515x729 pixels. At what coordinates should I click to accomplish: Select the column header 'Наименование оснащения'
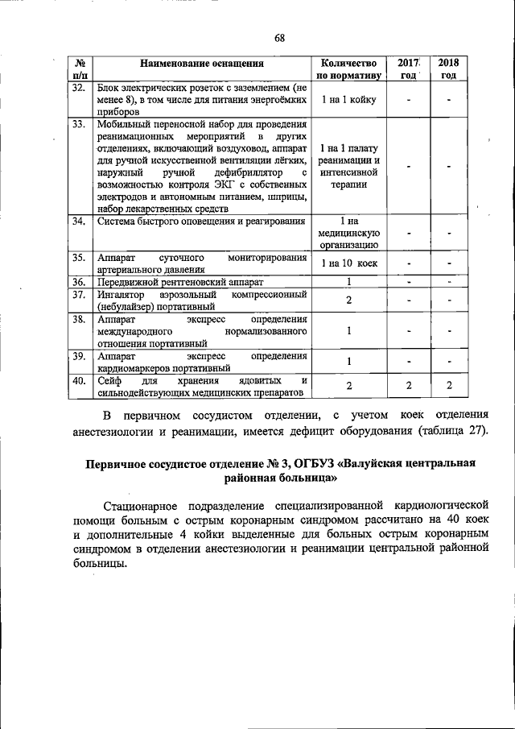(202, 62)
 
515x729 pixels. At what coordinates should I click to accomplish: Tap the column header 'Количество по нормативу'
(348, 68)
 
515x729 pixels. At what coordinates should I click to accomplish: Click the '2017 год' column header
(410, 68)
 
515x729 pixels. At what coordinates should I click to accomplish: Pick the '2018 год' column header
(448, 68)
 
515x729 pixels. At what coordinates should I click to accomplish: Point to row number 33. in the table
(79, 125)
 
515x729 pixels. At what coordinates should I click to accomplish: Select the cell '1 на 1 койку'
(348, 100)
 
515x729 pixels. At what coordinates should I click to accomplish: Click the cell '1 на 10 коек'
(348, 263)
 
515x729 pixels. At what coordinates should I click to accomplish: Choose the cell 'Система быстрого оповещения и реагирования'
(201, 222)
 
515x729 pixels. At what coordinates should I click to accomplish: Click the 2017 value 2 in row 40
(409, 386)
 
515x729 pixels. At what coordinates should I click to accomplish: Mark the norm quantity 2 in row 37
(348, 300)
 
